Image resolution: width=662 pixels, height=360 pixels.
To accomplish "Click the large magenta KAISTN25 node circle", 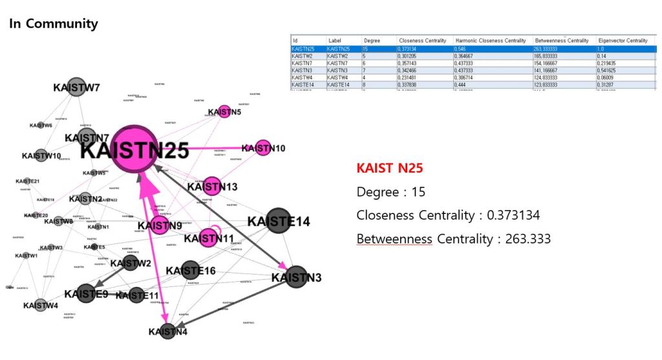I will pyautogui.click(x=134, y=149).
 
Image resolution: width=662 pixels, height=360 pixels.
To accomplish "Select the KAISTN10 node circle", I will pyautogui.click(x=262, y=147).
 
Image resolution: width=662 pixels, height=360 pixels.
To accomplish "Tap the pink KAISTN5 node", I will pyautogui.click(x=224, y=111).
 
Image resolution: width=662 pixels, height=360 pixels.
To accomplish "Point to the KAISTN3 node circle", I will pyautogui.click(x=296, y=277).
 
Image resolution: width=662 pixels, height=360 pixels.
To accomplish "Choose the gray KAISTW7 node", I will pyautogui.click(x=76, y=88).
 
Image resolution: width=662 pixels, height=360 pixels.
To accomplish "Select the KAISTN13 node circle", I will pyautogui.click(x=212, y=186).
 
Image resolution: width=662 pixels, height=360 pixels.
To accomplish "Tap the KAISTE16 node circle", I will pyautogui.click(x=190, y=270).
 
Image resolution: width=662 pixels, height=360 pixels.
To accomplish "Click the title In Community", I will pyautogui.click(x=54, y=24).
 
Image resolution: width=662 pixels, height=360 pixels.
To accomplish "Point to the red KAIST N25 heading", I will pyautogui.click(x=389, y=169).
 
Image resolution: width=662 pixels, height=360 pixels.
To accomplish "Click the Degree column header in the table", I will pyautogui.click(x=372, y=40).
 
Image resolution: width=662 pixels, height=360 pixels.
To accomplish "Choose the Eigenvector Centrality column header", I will pyautogui.click(x=623, y=40).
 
